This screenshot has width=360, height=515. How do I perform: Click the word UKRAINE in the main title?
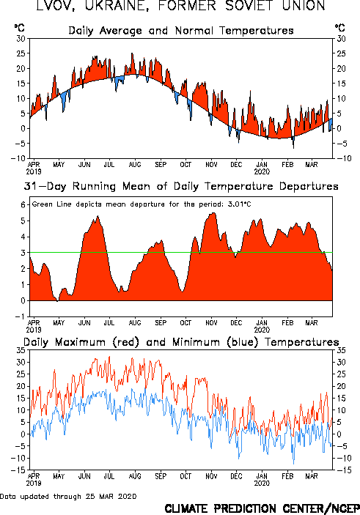coord(115,5)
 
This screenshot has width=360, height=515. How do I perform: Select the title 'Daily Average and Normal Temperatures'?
coord(181,31)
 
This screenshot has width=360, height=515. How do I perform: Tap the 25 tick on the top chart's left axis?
coord(21,53)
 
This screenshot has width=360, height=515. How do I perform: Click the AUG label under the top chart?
coord(135,164)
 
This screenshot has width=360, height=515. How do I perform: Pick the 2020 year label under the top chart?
coord(262,171)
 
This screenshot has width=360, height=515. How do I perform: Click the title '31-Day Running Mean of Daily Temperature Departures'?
coord(181,186)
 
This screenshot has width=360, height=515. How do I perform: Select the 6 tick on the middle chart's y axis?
coord(23,205)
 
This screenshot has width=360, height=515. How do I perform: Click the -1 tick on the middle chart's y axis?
coord(21,316)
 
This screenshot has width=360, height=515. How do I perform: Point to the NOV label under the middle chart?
coord(211,323)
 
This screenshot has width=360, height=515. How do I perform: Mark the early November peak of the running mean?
coord(213,213)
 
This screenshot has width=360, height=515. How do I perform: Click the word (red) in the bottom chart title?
coord(126,342)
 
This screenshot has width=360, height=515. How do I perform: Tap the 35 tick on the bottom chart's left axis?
coord(21,350)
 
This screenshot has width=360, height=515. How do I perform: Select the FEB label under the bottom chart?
coord(287,476)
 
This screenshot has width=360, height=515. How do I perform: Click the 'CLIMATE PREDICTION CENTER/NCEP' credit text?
coord(262,508)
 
